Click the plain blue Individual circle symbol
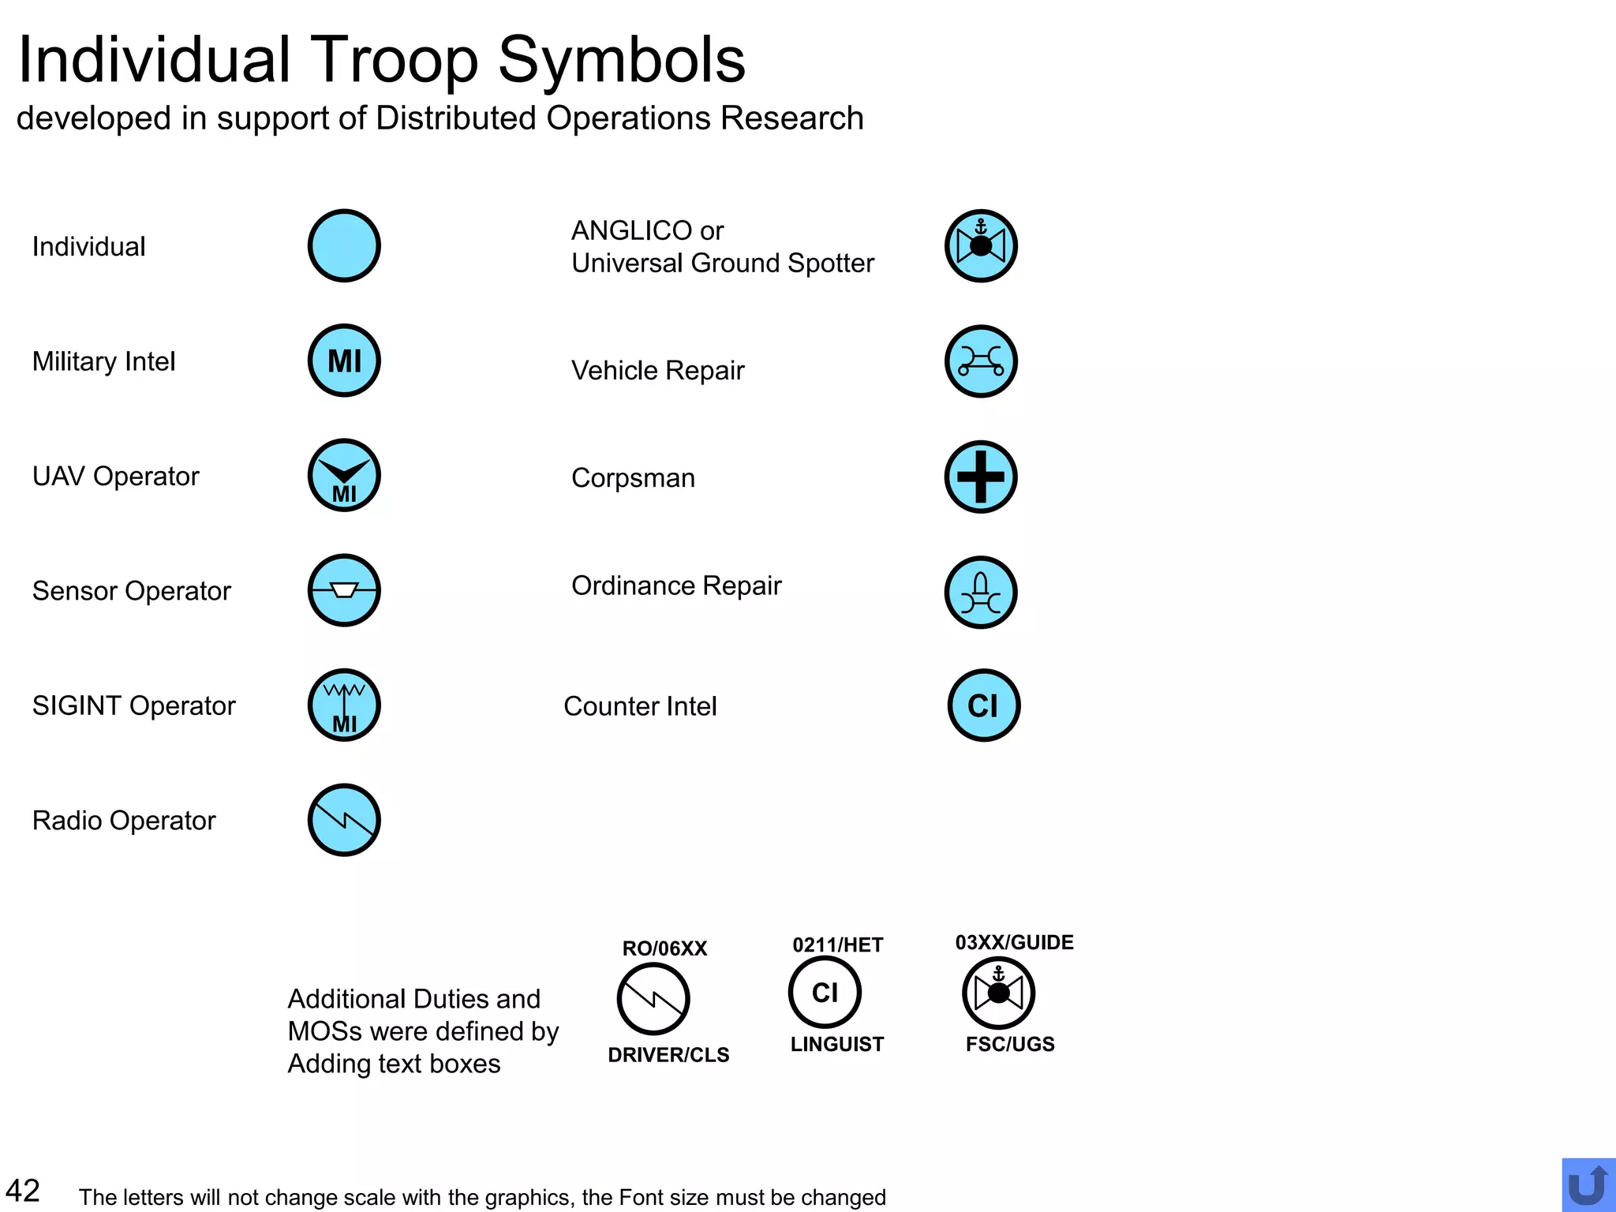[x=344, y=245]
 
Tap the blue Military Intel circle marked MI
[x=344, y=361]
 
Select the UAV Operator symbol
[x=344, y=475]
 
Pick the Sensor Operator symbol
[x=344, y=590]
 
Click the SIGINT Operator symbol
[x=344, y=705]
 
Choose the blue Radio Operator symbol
[x=344, y=820]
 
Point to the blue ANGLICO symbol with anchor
[x=981, y=245]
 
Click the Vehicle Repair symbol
[x=981, y=361]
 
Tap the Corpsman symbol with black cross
[x=981, y=477]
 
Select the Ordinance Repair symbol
[x=981, y=593]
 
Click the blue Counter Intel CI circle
[x=983, y=705]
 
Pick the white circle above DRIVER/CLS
[x=653, y=999]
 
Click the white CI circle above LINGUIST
[x=825, y=992]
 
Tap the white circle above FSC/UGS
[x=998, y=993]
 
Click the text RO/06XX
[x=664, y=948]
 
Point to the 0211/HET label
[x=837, y=945]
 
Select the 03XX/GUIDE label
[x=1014, y=943]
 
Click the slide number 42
[x=23, y=1191]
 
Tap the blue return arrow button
[x=1588, y=1185]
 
